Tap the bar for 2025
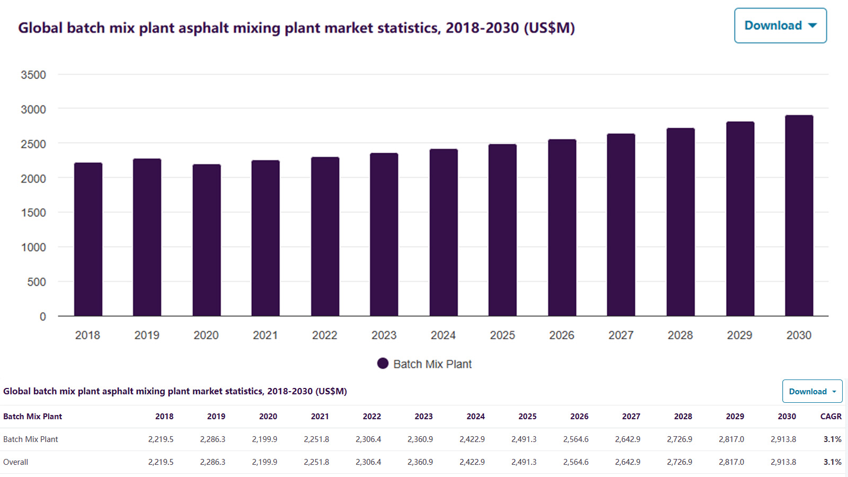tap(502, 230)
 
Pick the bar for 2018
tap(88, 240)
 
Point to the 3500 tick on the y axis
tap(33, 75)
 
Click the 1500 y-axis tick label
tap(33, 213)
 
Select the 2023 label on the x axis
tap(384, 335)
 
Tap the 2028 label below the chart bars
tap(680, 335)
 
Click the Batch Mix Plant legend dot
tap(383, 364)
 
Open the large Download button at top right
tap(780, 25)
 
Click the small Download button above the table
tap(812, 391)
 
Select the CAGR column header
tap(831, 417)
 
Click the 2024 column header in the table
tap(475, 417)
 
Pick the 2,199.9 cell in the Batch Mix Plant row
tap(264, 439)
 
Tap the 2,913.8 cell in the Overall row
tap(783, 462)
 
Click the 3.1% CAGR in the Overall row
tap(832, 462)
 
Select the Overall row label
tap(16, 462)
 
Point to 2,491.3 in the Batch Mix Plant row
tap(524, 439)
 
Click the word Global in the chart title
tap(40, 28)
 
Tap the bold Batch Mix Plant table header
tap(33, 417)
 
